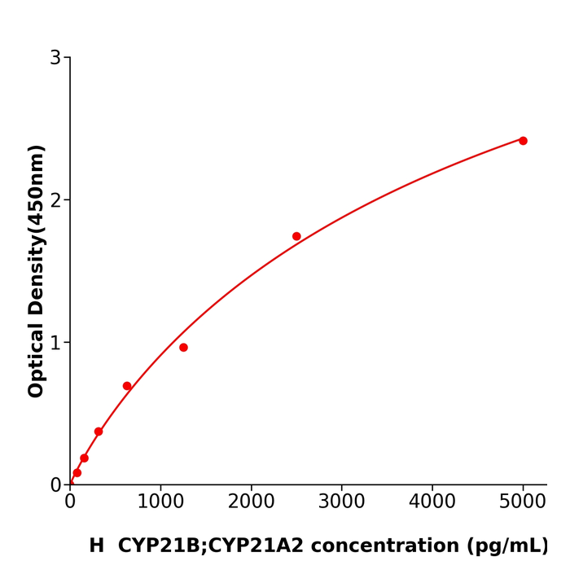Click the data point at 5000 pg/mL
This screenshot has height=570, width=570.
[x=523, y=141]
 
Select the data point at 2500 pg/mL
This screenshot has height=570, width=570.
[x=296, y=236]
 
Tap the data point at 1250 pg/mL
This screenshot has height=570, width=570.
[x=183, y=348]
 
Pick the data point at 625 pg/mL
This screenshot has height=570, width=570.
[x=127, y=386]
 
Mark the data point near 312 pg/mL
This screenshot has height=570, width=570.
[x=99, y=432]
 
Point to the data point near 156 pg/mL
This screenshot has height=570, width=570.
[x=84, y=458]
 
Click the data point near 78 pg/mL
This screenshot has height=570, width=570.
[x=77, y=472]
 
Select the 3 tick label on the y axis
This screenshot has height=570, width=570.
[x=55, y=58]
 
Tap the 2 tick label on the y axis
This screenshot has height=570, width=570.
[x=55, y=200]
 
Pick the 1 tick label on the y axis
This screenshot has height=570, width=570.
[x=55, y=343]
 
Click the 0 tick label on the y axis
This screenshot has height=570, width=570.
[x=55, y=485]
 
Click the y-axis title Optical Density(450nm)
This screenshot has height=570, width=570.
[x=36, y=271]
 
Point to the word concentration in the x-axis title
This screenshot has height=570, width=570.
[x=380, y=546]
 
